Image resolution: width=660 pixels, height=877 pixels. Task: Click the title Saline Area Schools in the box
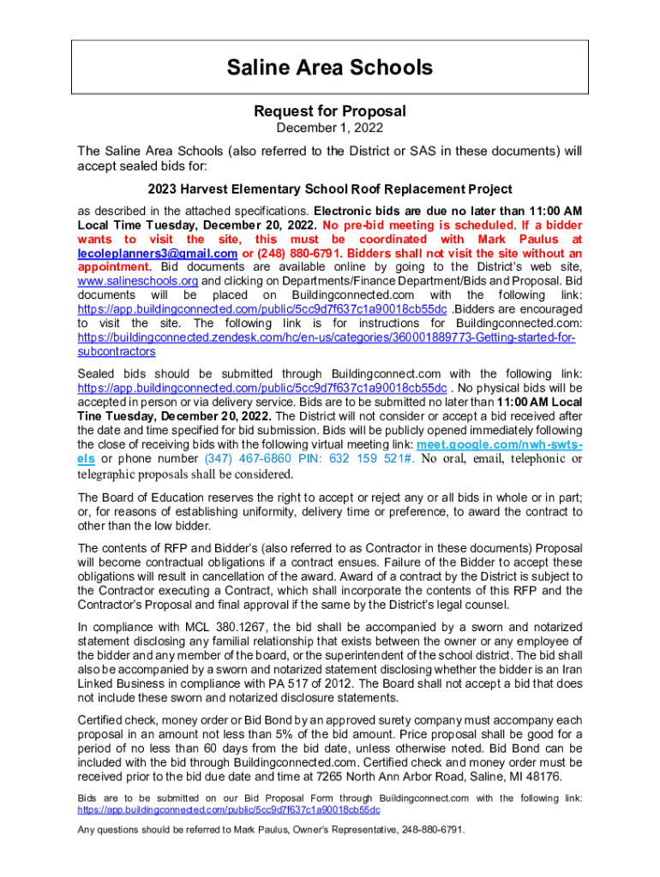pyautogui.click(x=330, y=67)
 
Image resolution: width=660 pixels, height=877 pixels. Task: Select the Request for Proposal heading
pyautogui.click(x=330, y=111)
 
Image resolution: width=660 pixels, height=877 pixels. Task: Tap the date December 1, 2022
pyautogui.click(x=330, y=128)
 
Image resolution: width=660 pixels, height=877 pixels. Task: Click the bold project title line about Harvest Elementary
pyautogui.click(x=330, y=189)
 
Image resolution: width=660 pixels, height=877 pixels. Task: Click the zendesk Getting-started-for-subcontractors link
pyautogui.click(x=326, y=338)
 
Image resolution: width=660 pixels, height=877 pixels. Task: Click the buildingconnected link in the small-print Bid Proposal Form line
pyautogui.click(x=229, y=809)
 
